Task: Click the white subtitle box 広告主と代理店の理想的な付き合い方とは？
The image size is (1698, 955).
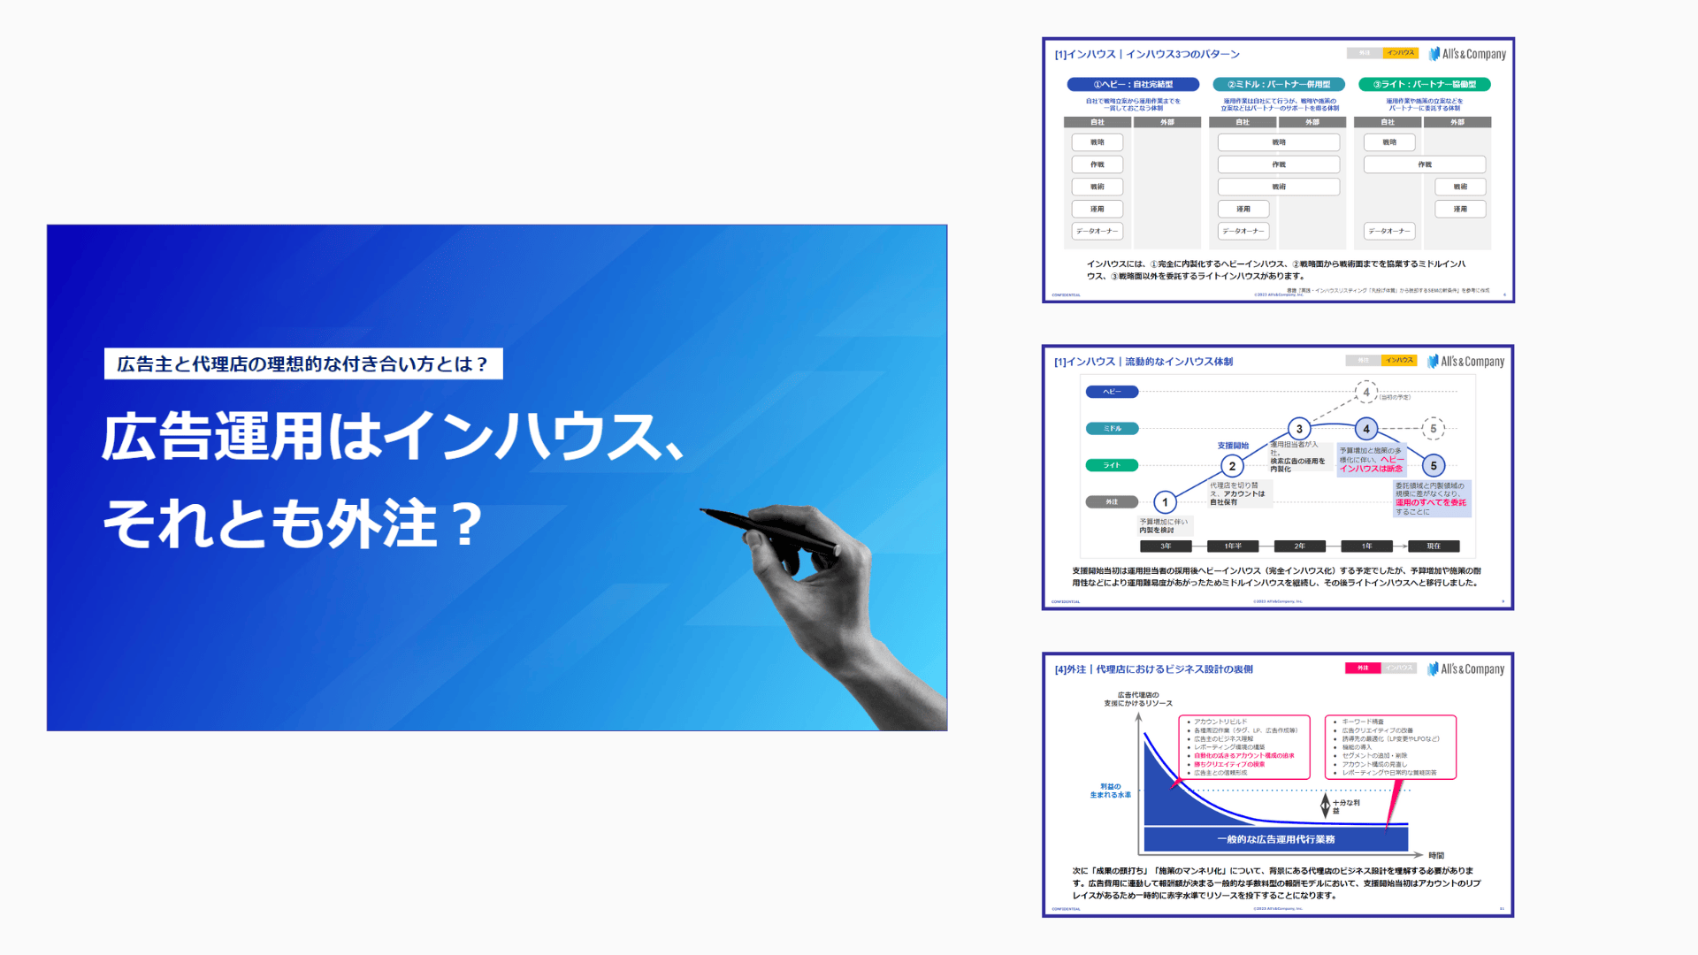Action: [303, 363]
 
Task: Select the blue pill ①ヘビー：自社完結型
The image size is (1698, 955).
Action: [1133, 84]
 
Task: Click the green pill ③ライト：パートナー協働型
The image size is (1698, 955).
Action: [1424, 84]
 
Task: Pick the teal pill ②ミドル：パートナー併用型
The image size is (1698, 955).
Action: [1279, 84]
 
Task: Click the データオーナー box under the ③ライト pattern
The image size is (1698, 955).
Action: [1388, 231]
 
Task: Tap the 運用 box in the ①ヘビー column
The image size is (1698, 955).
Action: [1097, 209]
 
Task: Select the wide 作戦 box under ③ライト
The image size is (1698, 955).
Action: [1424, 164]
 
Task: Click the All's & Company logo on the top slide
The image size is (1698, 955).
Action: [1467, 54]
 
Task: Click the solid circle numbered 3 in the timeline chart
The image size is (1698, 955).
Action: [1298, 429]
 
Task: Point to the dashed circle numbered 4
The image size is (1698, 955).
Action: [1366, 392]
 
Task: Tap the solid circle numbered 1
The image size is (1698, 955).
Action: [1165, 502]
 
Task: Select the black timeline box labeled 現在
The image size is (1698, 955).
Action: [1434, 546]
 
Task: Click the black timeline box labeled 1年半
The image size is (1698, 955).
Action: [1232, 546]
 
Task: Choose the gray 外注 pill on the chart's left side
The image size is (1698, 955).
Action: [1112, 502]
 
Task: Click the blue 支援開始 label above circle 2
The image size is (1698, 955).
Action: [1233, 446]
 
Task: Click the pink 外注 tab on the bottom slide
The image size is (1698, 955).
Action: [1363, 668]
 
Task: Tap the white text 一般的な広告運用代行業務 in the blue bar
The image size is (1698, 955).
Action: [1275, 839]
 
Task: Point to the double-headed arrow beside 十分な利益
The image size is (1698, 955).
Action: [1325, 806]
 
